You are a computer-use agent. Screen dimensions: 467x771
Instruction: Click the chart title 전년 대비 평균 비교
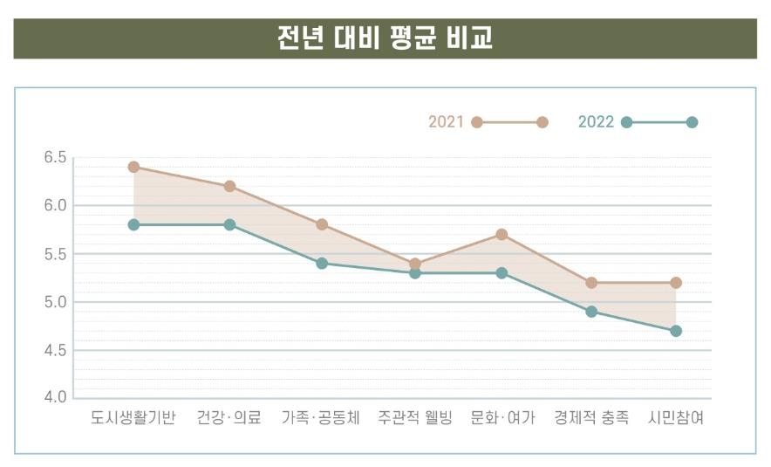[385, 39]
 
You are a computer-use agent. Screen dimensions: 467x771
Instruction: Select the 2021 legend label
[447, 122]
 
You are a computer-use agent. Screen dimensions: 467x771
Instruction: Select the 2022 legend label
[597, 122]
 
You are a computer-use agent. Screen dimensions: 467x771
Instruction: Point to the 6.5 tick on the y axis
[55, 158]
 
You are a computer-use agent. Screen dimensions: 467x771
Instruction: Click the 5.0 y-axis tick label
[55, 302]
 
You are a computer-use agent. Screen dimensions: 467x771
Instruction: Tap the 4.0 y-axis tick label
[55, 398]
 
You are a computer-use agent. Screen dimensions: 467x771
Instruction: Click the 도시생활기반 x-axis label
[133, 418]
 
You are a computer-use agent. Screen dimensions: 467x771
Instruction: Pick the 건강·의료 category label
[229, 418]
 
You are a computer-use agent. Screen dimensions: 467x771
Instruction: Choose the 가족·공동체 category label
[321, 418]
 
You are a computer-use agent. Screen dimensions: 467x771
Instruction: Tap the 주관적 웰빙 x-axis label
[415, 418]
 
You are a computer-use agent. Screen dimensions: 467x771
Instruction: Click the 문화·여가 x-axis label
[501, 418]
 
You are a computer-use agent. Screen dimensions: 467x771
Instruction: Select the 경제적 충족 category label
[591, 418]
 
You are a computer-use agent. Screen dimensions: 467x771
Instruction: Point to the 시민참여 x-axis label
[676, 418]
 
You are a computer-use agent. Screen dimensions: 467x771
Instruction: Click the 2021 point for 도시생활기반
[133, 167]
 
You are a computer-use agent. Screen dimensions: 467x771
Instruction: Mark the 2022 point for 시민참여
[676, 331]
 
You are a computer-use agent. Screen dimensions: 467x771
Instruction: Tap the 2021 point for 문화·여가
[501, 235]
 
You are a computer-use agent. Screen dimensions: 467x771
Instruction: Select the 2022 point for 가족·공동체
[322, 263]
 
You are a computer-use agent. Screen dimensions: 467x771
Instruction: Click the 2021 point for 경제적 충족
[591, 283]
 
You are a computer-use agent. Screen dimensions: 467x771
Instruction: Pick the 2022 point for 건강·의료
[229, 224]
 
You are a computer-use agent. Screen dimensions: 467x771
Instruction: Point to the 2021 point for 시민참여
[676, 283]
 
